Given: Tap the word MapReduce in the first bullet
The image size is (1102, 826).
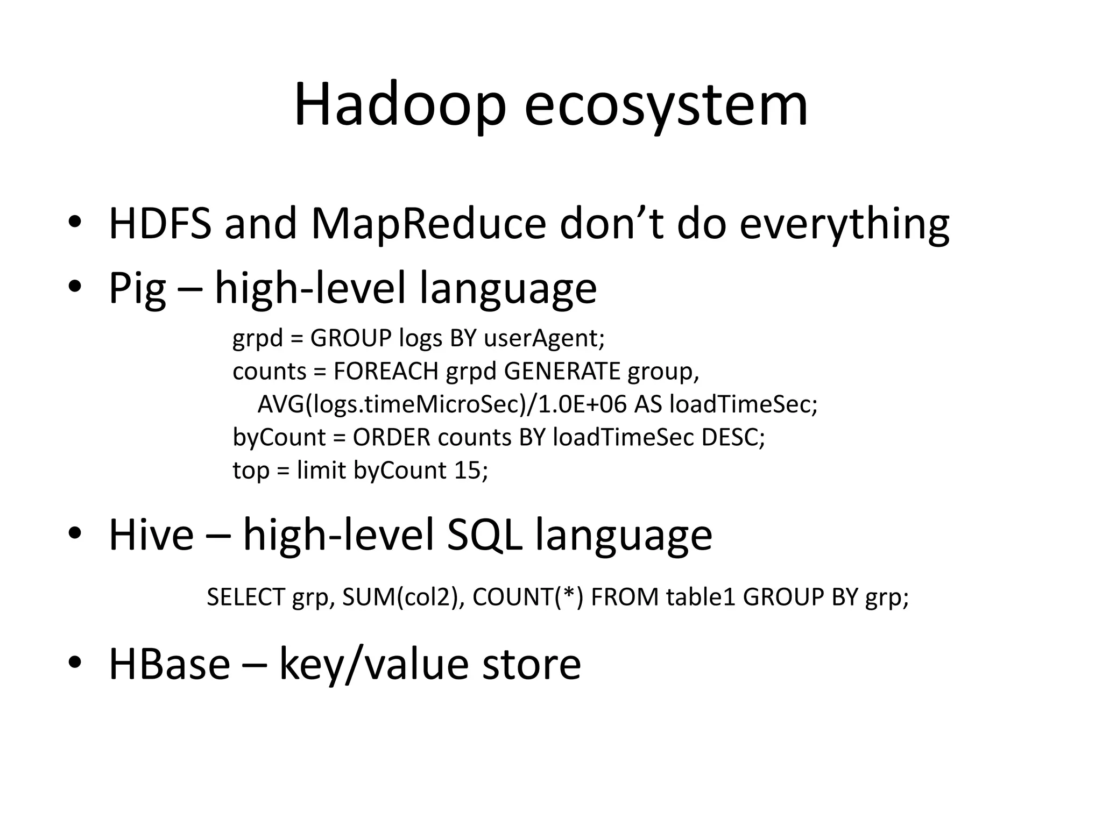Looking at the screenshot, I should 428,224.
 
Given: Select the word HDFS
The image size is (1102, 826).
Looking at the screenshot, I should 160,224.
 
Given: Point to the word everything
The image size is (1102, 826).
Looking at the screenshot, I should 844,224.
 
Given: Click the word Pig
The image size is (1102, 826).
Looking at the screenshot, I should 137,289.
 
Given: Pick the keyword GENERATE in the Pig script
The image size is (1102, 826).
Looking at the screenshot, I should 562,371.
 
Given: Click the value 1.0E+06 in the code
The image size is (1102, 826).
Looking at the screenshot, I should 582,404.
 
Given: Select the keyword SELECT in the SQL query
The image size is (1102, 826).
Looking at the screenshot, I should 245,597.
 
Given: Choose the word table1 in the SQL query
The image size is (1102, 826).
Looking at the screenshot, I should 700,597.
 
